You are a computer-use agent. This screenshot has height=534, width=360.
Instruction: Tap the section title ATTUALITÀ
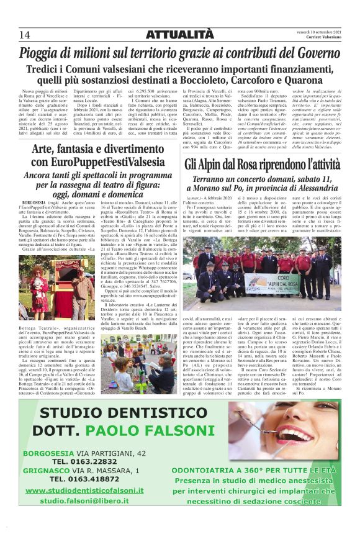[x=180, y=34]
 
